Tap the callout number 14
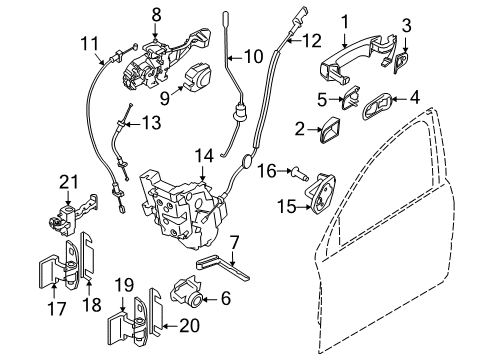pyautogui.click(x=204, y=155)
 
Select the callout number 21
pyautogui.click(x=67, y=181)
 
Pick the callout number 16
pyautogui.click(x=267, y=171)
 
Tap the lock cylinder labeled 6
pyautogui.click(x=190, y=297)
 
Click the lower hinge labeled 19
pyautogui.click(x=131, y=331)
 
